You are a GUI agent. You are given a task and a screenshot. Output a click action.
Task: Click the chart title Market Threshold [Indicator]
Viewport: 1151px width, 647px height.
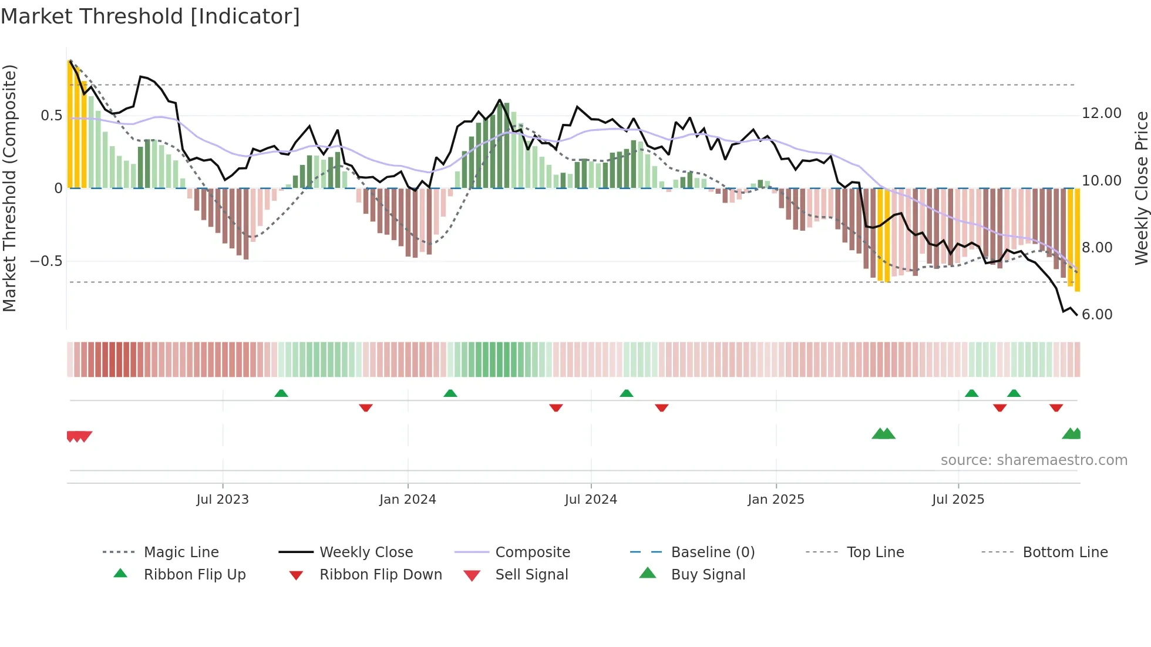150,16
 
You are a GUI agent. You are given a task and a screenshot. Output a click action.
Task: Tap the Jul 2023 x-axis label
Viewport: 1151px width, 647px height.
223,499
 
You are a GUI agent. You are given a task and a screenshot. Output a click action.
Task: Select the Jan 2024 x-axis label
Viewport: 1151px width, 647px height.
408,499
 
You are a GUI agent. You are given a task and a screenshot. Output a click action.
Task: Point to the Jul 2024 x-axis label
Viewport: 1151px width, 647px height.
591,499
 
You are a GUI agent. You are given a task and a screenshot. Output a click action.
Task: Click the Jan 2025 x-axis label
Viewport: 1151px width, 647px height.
776,499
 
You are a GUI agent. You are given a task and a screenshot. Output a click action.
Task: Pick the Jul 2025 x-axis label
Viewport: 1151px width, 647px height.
958,499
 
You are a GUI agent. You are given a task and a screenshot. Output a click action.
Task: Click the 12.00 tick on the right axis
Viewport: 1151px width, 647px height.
1101,113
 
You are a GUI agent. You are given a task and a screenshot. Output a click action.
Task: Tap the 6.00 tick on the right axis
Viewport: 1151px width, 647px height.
1097,315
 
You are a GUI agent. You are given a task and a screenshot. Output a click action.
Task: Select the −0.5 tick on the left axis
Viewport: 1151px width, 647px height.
46,261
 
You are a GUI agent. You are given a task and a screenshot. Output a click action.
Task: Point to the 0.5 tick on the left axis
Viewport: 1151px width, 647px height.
51,116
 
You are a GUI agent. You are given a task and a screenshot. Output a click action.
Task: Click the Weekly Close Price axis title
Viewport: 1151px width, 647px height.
1141,188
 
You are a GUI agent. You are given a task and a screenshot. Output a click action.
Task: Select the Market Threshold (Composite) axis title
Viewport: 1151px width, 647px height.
9,188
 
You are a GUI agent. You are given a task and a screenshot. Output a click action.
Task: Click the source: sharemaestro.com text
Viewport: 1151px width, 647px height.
1034,460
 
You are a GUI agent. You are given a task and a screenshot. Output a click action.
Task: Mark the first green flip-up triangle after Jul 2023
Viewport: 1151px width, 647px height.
281,393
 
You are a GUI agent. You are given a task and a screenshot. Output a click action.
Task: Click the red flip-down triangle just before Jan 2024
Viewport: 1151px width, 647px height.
366,407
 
